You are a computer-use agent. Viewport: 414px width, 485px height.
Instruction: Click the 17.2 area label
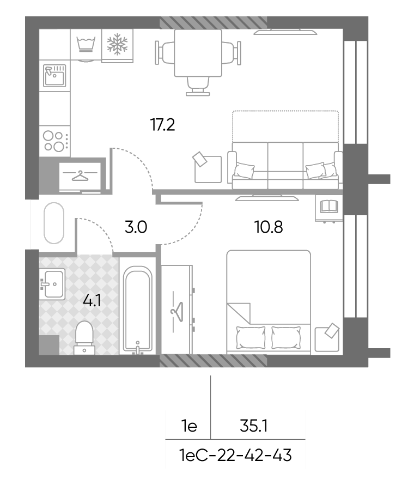point(163,125)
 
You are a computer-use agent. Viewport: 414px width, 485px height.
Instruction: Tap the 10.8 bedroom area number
point(269,227)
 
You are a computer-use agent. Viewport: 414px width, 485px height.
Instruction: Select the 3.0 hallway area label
point(136,227)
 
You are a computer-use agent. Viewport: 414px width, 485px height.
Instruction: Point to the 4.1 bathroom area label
point(92,300)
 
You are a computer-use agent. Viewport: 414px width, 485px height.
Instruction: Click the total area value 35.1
point(253,426)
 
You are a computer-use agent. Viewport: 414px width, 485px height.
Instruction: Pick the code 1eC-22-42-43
point(235,455)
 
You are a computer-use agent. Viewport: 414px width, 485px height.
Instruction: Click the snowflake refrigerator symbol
point(117,44)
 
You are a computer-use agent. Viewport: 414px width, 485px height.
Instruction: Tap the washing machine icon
point(86,45)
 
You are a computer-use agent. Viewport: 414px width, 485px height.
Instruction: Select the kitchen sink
point(54,75)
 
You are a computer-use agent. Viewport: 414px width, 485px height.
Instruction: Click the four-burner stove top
point(54,141)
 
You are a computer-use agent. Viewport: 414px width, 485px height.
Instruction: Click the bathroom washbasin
point(52,284)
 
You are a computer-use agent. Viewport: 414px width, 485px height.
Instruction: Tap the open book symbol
point(329,206)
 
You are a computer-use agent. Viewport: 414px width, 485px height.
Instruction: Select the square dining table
point(198,53)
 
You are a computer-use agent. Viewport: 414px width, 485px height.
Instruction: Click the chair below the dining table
point(198,86)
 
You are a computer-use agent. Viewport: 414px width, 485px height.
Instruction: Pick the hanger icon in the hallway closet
point(80,175)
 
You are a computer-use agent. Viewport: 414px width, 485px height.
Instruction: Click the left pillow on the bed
point(251,337)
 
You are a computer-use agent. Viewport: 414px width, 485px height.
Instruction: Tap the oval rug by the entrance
point(54,223)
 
